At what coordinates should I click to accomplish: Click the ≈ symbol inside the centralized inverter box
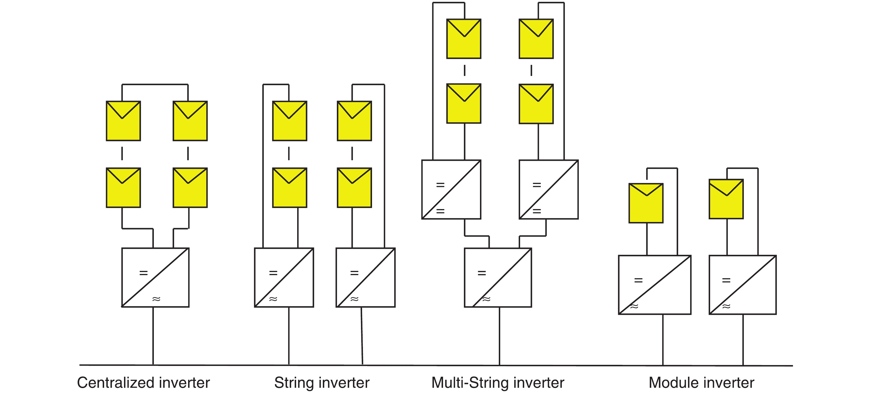click(x=156, y=299)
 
